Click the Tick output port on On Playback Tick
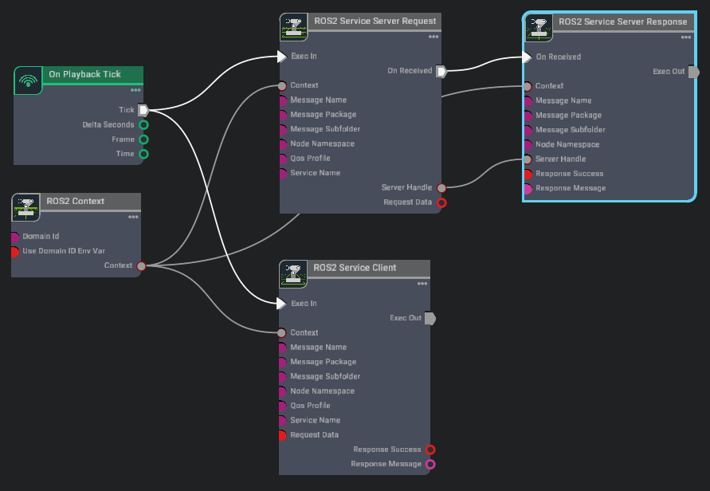click(143, 110)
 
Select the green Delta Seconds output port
click(144, 124)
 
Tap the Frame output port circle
click(144, 139)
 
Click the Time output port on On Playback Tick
click(144, 154)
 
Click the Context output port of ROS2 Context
click(141, 265)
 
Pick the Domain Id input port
click(15, 237)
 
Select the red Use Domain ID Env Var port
click(15, 251)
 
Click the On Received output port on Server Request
click(441, 71)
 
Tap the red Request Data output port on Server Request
click(441, 202)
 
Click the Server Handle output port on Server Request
click(441, 187)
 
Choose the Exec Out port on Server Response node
click(693, 72)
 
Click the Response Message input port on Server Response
click(528, 188)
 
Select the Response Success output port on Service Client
click(431, 450)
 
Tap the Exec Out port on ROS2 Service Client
click(430, 318)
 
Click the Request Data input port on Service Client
click(282, 435)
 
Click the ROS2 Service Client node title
click(355, 268)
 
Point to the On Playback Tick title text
click(84, 74)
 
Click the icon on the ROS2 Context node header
click(26, 207)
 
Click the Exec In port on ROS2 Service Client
click(280, 304)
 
